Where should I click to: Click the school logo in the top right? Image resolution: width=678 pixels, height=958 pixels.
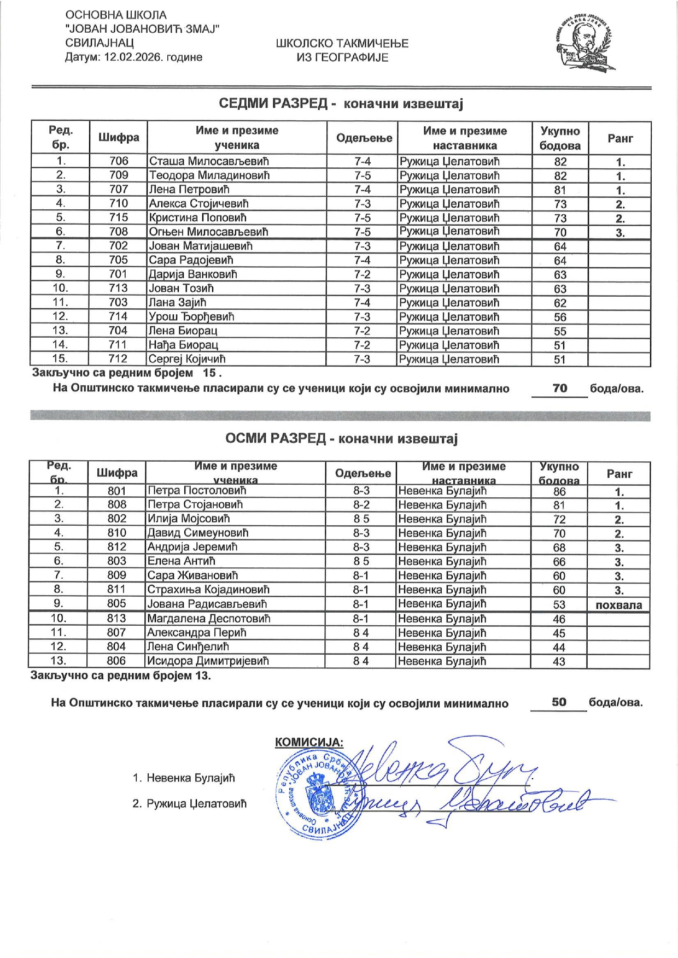click(x=583, y=43)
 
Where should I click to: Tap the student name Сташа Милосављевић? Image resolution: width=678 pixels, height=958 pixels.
click(x=209, y=161)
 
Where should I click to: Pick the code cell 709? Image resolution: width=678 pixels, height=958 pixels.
click(x=119, y=175)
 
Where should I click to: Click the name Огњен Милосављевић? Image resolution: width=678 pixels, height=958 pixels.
click(x=208, y=232)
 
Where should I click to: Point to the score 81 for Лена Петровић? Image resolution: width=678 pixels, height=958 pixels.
click(x=560, y=190)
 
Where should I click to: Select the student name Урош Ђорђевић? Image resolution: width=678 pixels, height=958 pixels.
click(x=191, y=316)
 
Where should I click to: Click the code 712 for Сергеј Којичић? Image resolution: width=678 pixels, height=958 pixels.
click(x=118, y=359)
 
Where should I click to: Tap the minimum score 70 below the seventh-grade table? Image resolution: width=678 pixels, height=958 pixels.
click(x=559, y=389)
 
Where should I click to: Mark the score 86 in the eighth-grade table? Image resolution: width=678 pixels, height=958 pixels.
click(x=559, y=491)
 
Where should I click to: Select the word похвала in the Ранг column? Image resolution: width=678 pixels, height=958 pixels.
click(x=618, y=605)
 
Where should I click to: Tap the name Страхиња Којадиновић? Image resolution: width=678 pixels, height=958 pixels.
click(x=208, y=590)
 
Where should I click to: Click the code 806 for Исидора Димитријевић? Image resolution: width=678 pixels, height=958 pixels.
click(x=116, y=661)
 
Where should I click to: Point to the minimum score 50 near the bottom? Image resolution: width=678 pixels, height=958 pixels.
click(x=559, y=702)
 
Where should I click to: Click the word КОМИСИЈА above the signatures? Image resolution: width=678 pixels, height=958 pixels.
click(x=309, y=742)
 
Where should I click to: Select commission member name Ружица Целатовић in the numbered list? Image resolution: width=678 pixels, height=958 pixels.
click(x=197, y=804)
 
